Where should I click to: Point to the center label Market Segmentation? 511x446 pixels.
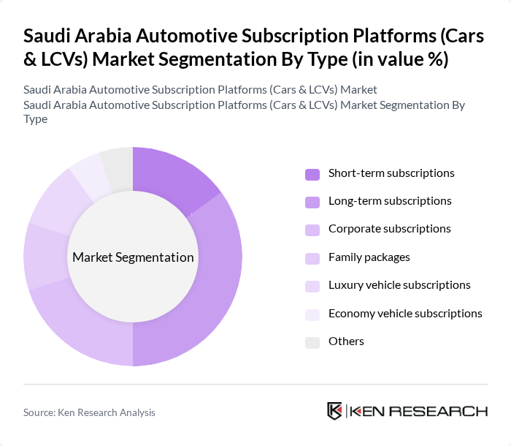click(x=133, y=257)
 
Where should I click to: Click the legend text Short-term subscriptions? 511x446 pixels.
click(x=391, y=173)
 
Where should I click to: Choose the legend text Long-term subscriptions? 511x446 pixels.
click(x=390, y=201)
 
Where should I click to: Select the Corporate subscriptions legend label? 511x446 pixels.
click(x=389, y=229)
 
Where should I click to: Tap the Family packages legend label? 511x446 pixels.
click(x=369, y=257)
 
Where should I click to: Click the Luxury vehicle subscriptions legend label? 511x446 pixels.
click(x=399, y=285)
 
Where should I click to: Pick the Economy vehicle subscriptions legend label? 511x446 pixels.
click(x=405, y=314)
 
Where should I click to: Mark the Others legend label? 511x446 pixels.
click(x=346, y=341)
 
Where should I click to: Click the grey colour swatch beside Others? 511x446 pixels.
click(x=312, y=342)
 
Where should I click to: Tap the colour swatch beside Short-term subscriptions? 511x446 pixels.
click(x=312, y=174)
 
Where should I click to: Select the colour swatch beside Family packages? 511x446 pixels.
click(x=312, y=258)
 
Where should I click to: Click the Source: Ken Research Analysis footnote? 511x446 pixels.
click(x=89, y=412)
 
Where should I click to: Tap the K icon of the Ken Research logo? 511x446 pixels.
click(x=335, y=411)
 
